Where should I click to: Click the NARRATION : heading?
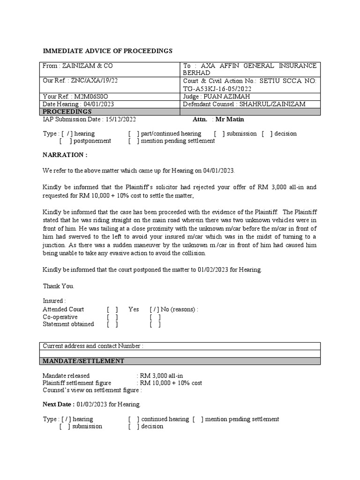[65, 155]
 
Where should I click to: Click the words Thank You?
[58, 286]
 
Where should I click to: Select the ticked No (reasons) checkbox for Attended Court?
[155, 309]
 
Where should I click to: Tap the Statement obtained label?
[68, 324]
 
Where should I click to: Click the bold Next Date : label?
[59, 405]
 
